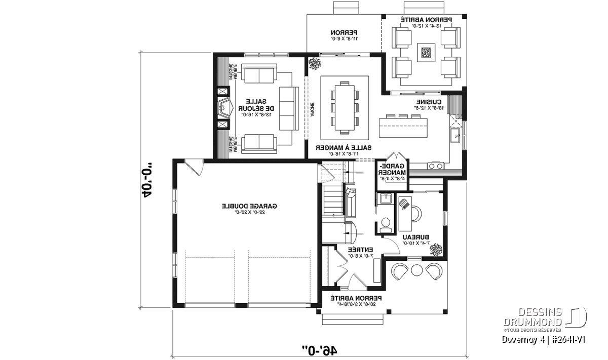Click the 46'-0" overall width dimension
(x=320, y=349)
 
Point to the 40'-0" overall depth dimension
(x=147, y=180)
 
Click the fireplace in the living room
(x=223, y=108)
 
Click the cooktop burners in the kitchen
(x=435, y=165)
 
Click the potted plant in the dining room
(x=314, y=63)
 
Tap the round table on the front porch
(x=416, y=270)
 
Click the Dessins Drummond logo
(x=545, y=318)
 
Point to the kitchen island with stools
(x=402, y=126)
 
